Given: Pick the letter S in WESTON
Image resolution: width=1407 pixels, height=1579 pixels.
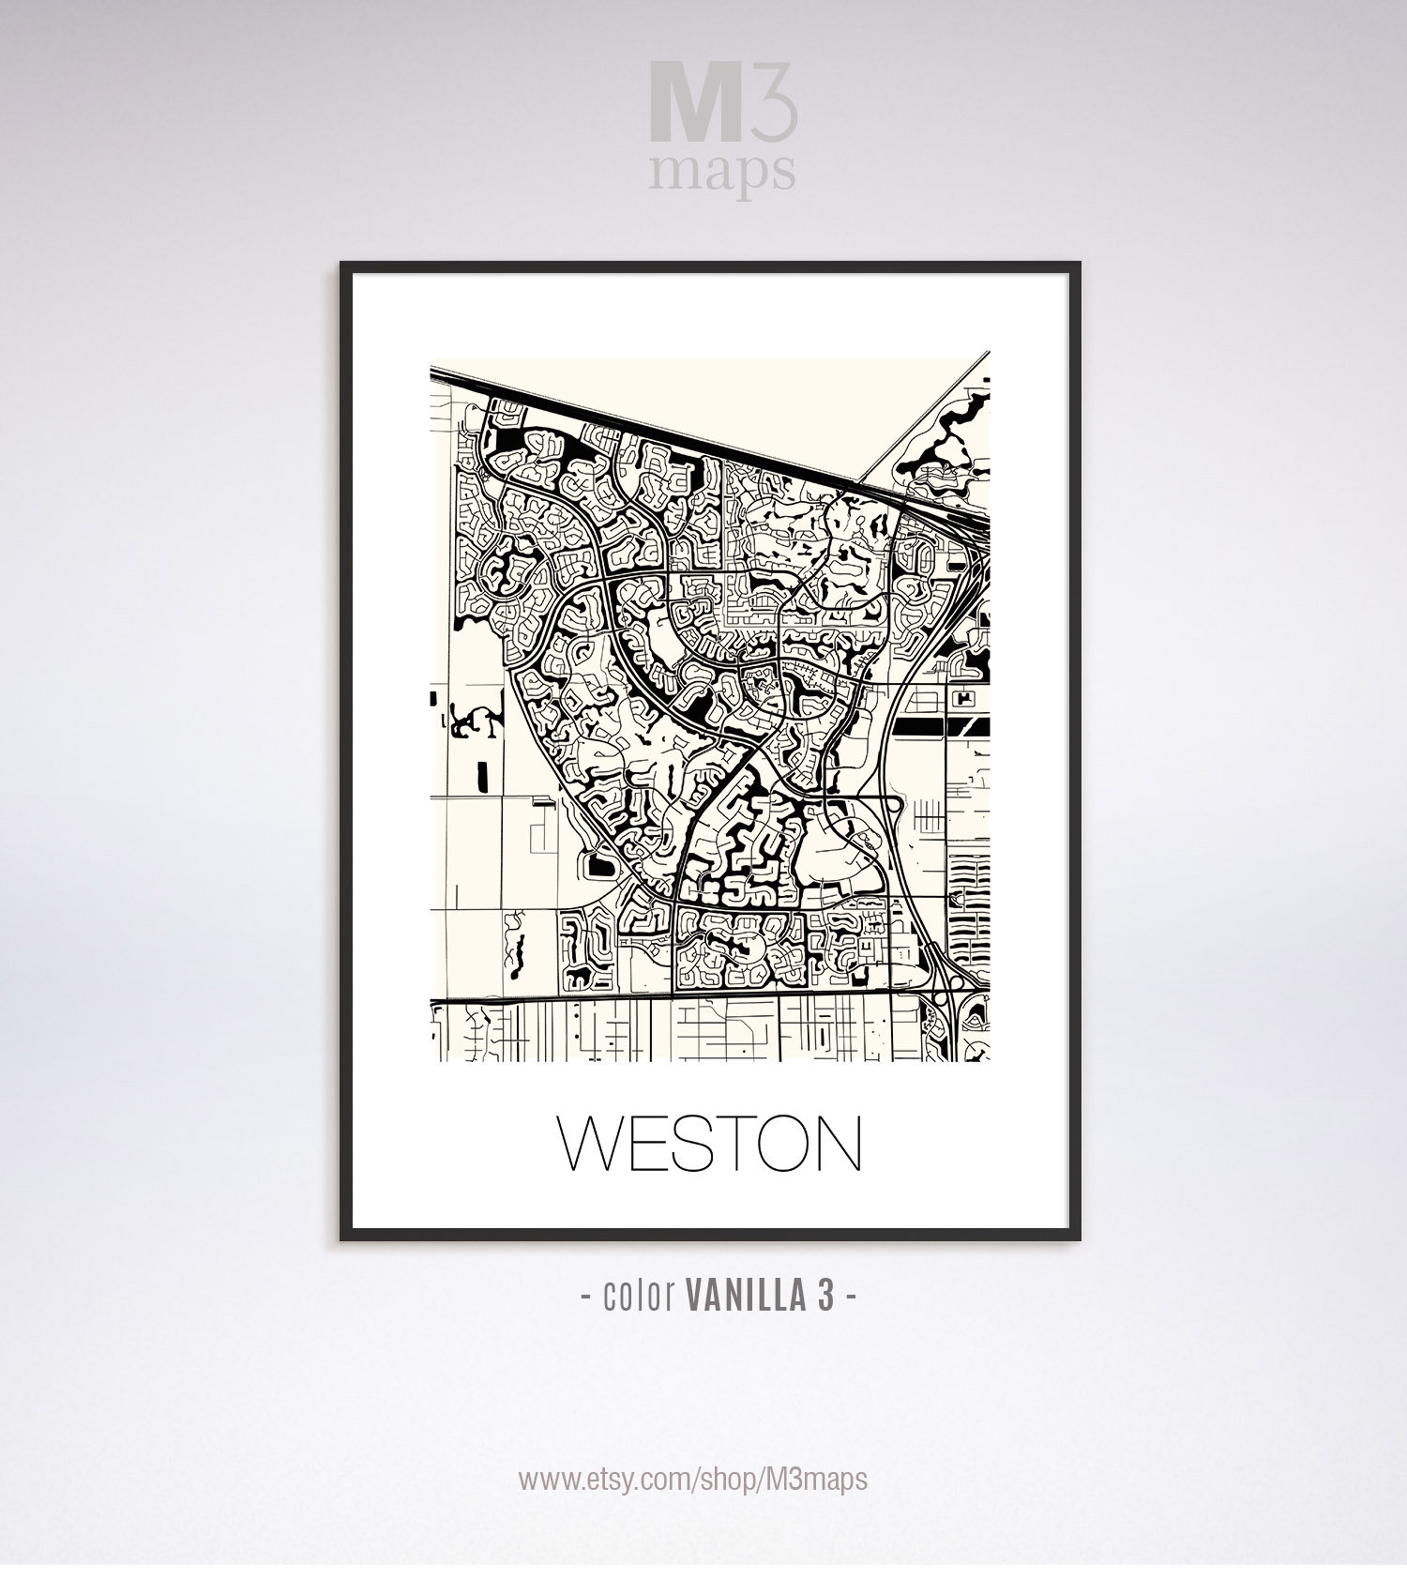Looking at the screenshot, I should click(x=692, y=1143).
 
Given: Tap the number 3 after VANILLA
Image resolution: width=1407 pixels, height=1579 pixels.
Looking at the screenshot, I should click(x=825, y=1295).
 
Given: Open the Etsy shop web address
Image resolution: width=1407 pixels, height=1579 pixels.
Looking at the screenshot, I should click(x=693, y=1480).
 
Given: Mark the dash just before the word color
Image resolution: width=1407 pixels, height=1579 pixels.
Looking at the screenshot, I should click(x=585, y=1295).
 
